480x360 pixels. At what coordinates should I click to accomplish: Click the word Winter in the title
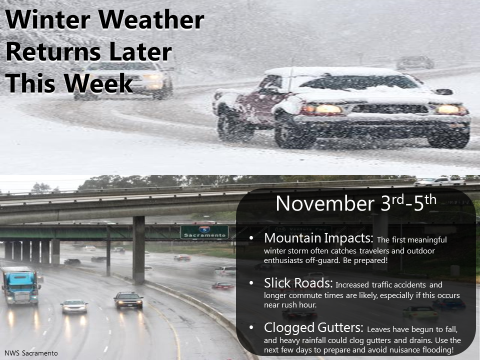coord(48,19)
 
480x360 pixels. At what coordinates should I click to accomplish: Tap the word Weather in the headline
coord(151,19)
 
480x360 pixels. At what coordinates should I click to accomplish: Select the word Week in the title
coord(98,83)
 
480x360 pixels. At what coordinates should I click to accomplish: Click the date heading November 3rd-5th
coord(355,202)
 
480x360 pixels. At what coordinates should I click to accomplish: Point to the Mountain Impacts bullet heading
coord(318,238)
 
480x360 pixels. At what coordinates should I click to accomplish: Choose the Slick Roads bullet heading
coord(298,283)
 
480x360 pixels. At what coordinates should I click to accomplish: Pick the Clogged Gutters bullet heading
coord(313,327)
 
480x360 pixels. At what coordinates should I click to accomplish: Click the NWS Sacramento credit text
coord(31,353)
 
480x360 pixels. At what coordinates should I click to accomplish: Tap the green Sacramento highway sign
coord(204,232)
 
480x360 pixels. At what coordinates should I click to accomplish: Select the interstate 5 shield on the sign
coord(204,229)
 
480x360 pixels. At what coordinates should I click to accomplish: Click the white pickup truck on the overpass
coord(439,181)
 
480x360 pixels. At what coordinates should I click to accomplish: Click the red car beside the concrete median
coord(223,285)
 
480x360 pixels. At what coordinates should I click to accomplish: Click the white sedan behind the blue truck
coord(74,306)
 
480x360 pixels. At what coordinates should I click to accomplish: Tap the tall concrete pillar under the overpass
coord(138,249)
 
